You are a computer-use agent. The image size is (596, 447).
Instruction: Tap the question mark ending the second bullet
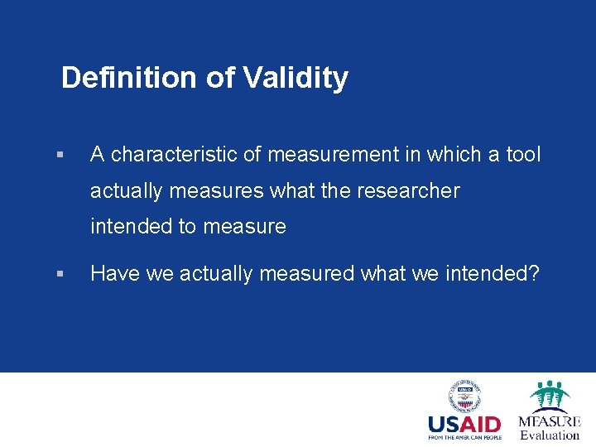click(x=532, y=273)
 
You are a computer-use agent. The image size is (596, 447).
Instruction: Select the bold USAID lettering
click(x=464, y=425)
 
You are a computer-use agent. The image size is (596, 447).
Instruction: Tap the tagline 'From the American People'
click(x=464, y=438)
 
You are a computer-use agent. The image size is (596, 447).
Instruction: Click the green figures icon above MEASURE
click(x=549, y=395)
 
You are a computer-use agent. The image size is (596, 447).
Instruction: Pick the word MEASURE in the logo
click(x=549, y=421)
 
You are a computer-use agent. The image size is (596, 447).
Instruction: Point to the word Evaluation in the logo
click(x=549, y=435)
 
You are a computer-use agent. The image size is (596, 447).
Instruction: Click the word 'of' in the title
click(x=220, y=78)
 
